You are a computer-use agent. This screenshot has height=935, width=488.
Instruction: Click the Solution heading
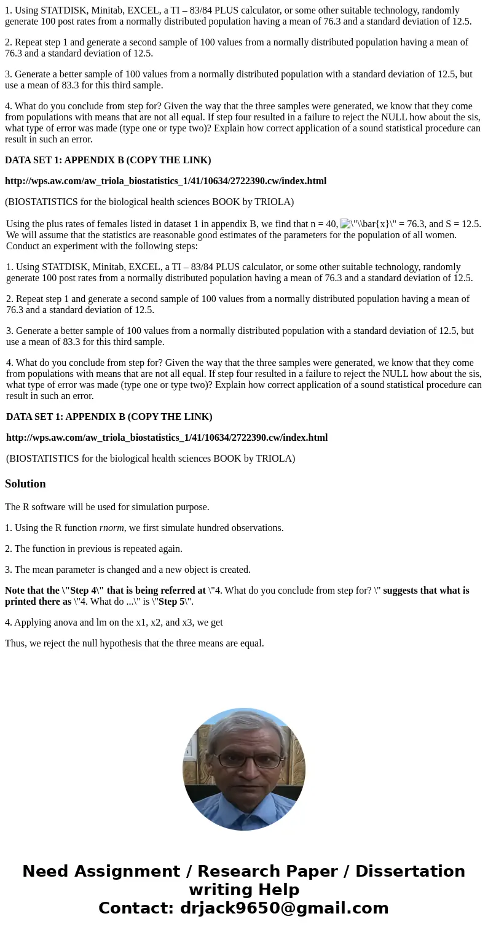click(x=25, y=484)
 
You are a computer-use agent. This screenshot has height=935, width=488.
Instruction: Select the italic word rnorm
click(x=111, y=528)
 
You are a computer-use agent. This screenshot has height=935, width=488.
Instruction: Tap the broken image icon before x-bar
click(x=345, y=224)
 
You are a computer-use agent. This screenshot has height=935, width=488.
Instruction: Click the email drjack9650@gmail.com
click(x=284, y=908)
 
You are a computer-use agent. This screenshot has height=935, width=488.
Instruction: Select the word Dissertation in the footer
click(x=410, y=871)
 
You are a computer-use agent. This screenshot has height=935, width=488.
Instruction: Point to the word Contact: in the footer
click(x=136, y=908)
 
